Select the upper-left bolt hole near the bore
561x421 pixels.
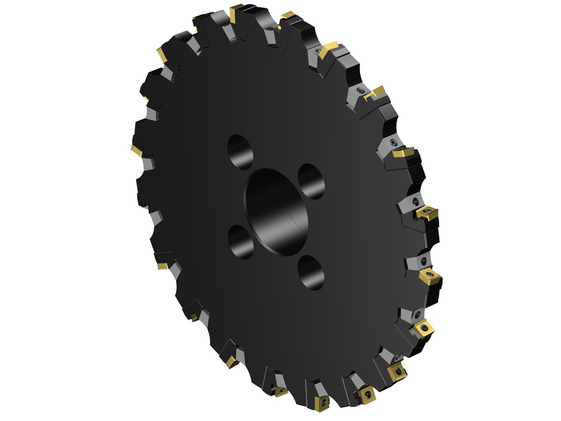240,151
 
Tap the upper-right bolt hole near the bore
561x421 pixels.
311,181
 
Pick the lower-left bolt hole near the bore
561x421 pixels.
241,241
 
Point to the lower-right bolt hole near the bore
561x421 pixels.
311,273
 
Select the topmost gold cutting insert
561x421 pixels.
237,11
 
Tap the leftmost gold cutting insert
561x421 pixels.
137,150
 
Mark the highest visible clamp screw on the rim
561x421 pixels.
319,50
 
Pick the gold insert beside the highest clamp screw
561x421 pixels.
330,47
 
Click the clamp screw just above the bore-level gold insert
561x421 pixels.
416,201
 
